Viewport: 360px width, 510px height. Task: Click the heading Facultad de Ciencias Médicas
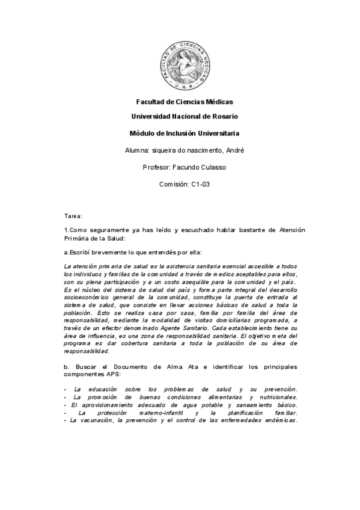coord(184,102)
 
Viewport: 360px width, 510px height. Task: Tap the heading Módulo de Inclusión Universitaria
coord(184,132)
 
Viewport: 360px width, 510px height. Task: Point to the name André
coord(234,150)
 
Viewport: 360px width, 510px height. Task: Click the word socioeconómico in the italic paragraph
coord(89,297)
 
